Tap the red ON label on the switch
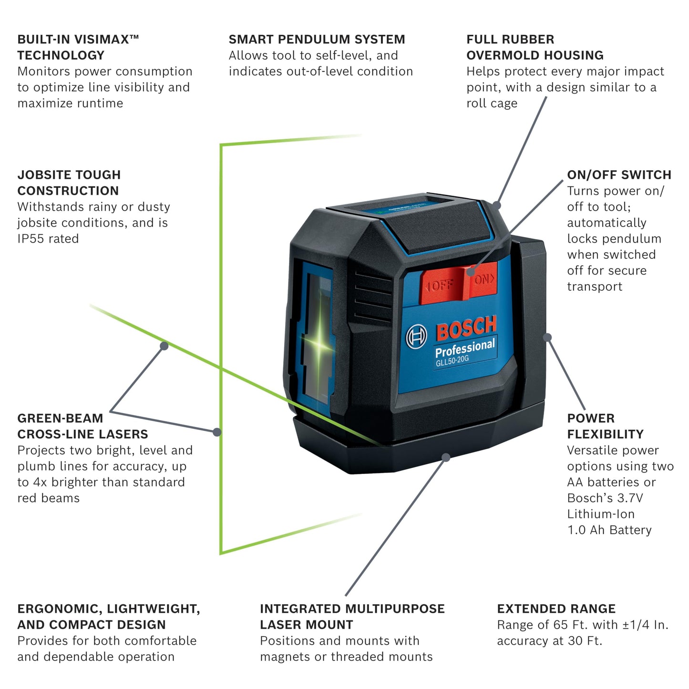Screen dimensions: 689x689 pos(484,279)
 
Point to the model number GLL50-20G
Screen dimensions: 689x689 pos(452,360)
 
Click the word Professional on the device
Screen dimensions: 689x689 pos(465,348)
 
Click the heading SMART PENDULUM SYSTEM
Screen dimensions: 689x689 pos(317,40)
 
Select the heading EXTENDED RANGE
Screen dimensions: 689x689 pos(556,609)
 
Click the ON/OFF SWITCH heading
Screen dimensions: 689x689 pos(618,175)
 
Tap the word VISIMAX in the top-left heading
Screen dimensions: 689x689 pos(103,40)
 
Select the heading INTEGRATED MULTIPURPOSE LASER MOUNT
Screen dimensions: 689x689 pos(352,617)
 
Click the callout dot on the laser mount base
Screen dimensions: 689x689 pos(446,457)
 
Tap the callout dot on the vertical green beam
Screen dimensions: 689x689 pos(217,432)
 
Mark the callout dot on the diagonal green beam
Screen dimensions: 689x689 pos(164,346)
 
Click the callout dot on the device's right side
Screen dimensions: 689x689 pos(548,337)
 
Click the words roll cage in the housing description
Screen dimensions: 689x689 pos(492,103)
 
